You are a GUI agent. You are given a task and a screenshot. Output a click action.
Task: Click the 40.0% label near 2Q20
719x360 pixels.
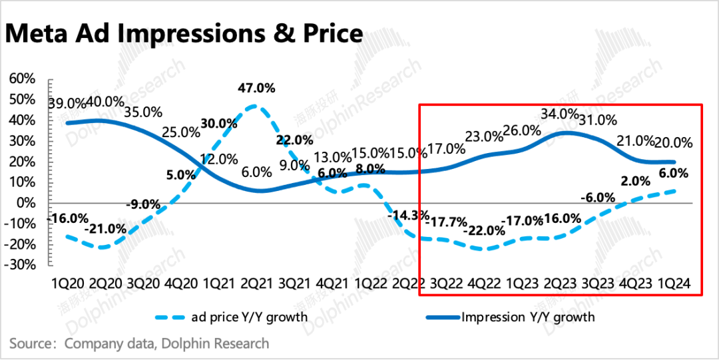(x=106, y=102)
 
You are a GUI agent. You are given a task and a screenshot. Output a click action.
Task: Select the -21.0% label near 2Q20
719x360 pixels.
(x=105, y=229)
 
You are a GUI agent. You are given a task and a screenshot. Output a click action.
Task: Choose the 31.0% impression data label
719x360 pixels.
(x=598, y=121)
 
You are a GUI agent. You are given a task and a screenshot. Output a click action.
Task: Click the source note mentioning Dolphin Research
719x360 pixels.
(x=139, y=343)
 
